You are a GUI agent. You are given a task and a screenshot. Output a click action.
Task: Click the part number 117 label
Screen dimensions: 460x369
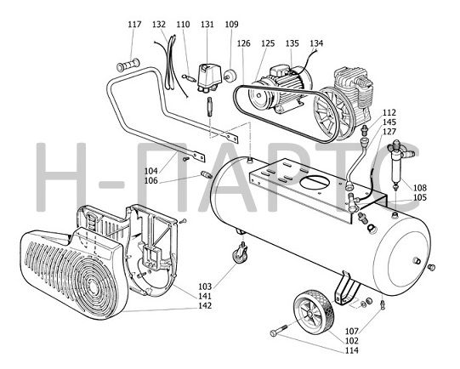(134, 24)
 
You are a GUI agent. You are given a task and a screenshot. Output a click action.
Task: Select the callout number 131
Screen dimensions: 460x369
(207, 24)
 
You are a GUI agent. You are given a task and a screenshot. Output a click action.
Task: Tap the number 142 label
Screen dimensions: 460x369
(205, 305)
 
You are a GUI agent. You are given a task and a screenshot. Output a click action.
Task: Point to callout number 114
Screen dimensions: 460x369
(352, 350)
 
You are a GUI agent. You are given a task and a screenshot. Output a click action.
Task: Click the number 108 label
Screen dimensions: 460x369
(420, 188)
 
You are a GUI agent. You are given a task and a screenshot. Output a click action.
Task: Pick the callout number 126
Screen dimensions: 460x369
(244, 43)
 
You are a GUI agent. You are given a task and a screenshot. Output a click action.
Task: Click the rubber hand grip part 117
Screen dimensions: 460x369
(128, 65)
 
